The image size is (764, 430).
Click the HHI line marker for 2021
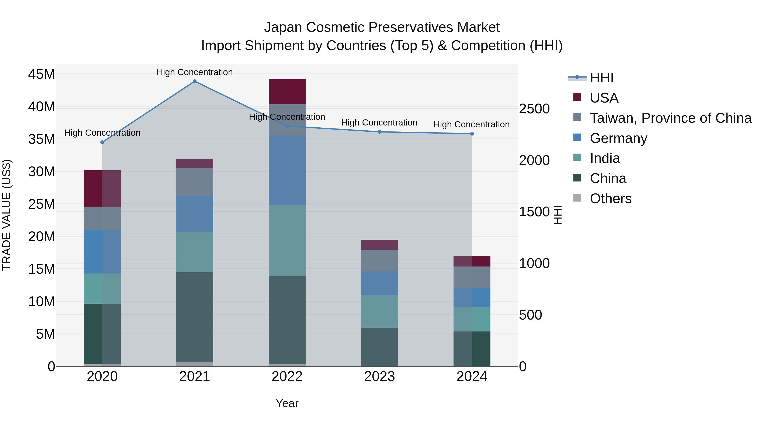pos(195,81)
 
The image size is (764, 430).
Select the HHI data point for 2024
pos(472,134)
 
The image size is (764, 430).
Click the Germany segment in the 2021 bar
pos(195,213)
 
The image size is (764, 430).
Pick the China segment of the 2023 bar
pos(379,347)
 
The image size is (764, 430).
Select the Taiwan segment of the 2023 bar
pos(379,261)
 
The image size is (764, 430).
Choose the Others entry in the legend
pos(610,199)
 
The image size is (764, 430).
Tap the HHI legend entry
pos(601,78)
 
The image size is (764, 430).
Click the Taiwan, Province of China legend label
pos(670,118)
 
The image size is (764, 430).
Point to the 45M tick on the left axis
pos(42,74)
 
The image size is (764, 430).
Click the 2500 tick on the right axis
pos(534,109)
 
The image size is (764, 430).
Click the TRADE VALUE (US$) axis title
pos(7,215)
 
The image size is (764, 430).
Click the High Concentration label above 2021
pos(195,72)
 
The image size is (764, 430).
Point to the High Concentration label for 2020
pos(102,133)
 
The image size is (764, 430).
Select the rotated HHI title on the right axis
pos(558,215)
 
